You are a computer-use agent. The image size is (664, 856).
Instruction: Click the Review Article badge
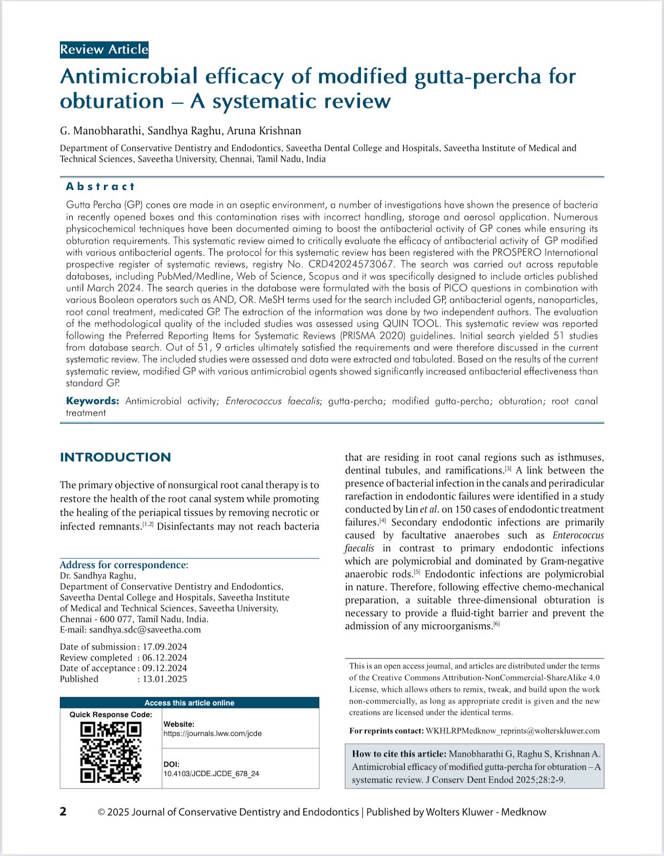104,50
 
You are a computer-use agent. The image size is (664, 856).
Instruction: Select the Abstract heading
100,187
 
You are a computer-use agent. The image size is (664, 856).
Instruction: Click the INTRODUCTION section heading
115,457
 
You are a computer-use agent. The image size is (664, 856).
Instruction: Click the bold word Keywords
92,401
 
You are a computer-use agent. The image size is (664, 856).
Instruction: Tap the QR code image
110,752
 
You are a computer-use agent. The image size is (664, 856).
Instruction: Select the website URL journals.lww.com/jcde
213,733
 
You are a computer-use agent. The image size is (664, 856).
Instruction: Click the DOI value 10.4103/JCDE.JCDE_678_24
211,774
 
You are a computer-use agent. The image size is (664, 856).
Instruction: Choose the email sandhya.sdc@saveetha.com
145,630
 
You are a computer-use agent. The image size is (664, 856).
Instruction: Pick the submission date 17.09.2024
164,647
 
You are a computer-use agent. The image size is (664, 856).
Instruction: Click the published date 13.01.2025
164,679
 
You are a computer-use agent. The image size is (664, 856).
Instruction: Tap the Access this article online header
189,703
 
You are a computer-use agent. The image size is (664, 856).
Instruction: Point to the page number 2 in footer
63,812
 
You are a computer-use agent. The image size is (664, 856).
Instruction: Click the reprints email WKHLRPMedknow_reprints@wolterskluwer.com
512,731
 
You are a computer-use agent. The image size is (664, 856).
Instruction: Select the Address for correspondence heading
124,565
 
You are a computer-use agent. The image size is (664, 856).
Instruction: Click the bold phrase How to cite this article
399,754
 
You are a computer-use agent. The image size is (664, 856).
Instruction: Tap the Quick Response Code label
111,715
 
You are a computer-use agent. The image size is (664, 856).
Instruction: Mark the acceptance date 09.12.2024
164,668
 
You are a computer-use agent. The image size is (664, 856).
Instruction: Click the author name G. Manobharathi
100,131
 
